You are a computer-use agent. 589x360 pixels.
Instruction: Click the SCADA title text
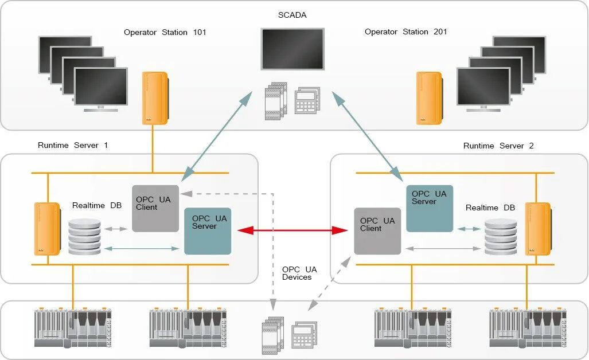(x=292, y=15)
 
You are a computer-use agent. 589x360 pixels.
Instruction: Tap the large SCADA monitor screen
(x=292, y=49)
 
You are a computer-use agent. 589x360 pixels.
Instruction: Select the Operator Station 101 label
(x=165, y=33)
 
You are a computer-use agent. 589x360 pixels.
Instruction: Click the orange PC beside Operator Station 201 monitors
(x=430, y=97)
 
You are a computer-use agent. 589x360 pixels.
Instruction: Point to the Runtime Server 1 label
(x=73, y=146)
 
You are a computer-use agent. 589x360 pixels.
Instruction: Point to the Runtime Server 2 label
(x=498, y=146)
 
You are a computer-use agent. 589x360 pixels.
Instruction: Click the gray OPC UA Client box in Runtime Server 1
(x=155, y=208)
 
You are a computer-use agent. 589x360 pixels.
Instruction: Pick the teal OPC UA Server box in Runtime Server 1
(x=208, y=231)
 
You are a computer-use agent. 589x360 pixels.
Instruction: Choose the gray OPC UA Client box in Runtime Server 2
(x=377, y=231)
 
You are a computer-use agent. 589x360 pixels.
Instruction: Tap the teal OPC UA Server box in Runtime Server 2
(x=430, y=208)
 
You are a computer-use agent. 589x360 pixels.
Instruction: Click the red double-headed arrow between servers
(x=292, y=230)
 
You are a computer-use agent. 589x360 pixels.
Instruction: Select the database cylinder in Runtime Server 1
(x=85, y=236)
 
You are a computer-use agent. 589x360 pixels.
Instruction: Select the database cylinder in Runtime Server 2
(x=501, y=236)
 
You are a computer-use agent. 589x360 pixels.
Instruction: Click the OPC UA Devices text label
(x=299, y=273)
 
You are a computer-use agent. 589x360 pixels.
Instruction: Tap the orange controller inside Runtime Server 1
(x=47, y=229)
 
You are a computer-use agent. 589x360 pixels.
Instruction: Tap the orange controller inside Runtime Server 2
(x=539, y=229)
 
